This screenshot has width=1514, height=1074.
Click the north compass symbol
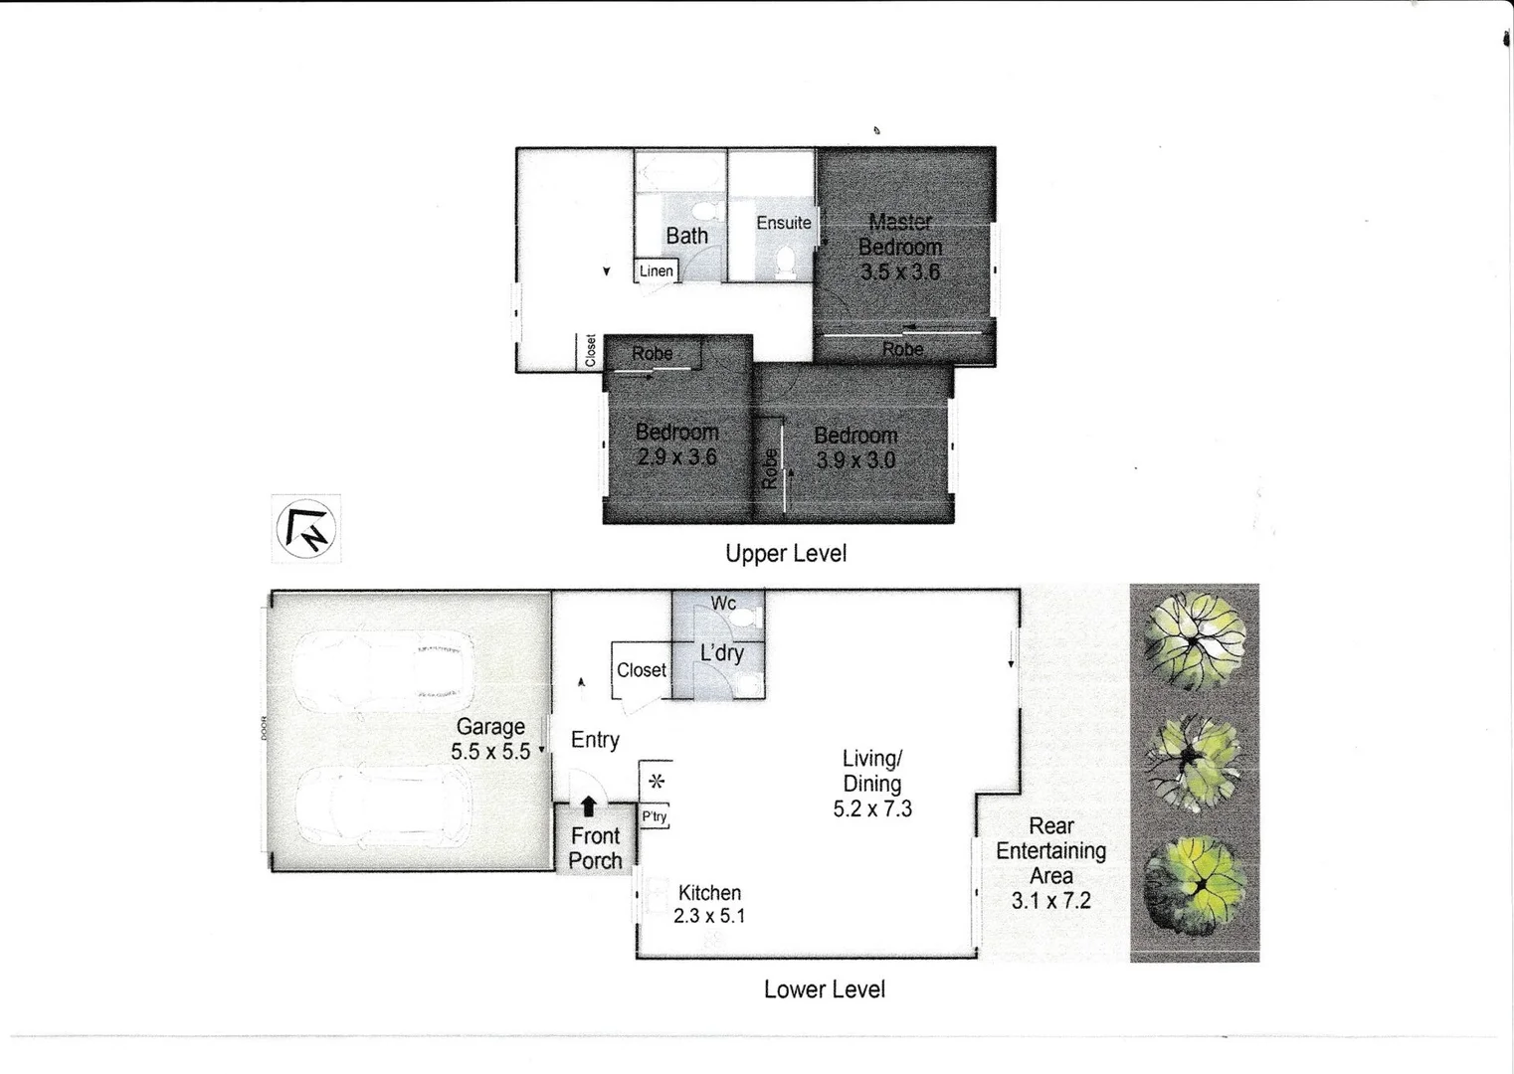tap(305, 528)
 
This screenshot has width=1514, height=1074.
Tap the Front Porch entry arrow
tap(588, 805)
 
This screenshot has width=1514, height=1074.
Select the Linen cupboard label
tap(656, 270)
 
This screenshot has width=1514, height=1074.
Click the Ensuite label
tap(783, 223)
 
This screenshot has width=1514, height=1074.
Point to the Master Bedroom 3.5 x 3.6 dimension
tap(899, 271)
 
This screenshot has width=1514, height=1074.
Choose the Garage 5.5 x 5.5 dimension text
tap(490, 752)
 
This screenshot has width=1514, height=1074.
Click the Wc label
tap(723, 603)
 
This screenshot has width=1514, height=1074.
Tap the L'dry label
tap(721, 653)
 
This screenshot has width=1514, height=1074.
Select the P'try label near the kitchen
tap(654, 816)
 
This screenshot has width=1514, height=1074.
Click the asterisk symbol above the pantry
tap(656, 782)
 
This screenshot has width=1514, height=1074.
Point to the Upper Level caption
tap(785, 554)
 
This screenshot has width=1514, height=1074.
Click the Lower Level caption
tap(824, 989)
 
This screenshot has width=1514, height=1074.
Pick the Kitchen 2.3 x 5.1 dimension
tap(708, 916)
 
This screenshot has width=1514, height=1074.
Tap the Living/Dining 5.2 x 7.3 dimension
tap(871, 808)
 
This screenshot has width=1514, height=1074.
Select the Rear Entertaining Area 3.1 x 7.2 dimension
tap(1050, 901)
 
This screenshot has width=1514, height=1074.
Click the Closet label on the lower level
tap(641, 670)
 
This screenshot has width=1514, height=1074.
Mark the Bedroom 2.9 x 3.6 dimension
tap(676, 457)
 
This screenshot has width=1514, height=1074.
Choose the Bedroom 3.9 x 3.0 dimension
tap(855, 460)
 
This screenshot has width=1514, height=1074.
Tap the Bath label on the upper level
tap(686, 236)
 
